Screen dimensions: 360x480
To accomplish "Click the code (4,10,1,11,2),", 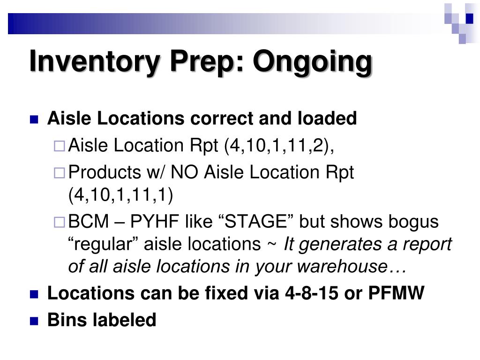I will click(279, 146).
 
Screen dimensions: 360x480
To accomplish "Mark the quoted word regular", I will click(104, 244).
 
